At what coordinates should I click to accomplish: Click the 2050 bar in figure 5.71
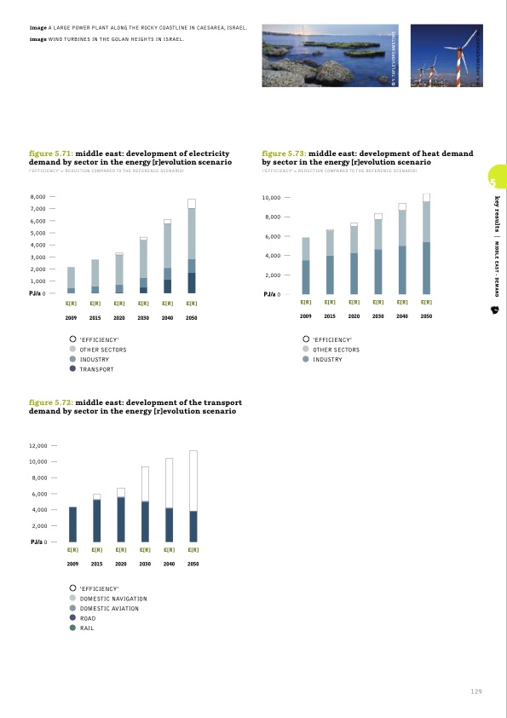[x=192, y=246]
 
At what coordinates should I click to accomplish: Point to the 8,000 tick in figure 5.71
[x=37, y=197]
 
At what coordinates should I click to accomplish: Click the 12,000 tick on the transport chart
[x=37, y=445]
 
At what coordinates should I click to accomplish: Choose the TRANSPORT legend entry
[x=96, y=369]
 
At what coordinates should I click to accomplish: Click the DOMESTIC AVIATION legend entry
[x=108, y=608]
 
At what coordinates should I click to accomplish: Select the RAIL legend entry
[x=86, y=628]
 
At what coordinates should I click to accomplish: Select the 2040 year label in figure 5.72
[x=169, y=565]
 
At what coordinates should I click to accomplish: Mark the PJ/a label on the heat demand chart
[x=270, y=295]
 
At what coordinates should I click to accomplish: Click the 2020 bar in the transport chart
[x=121, y=515]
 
